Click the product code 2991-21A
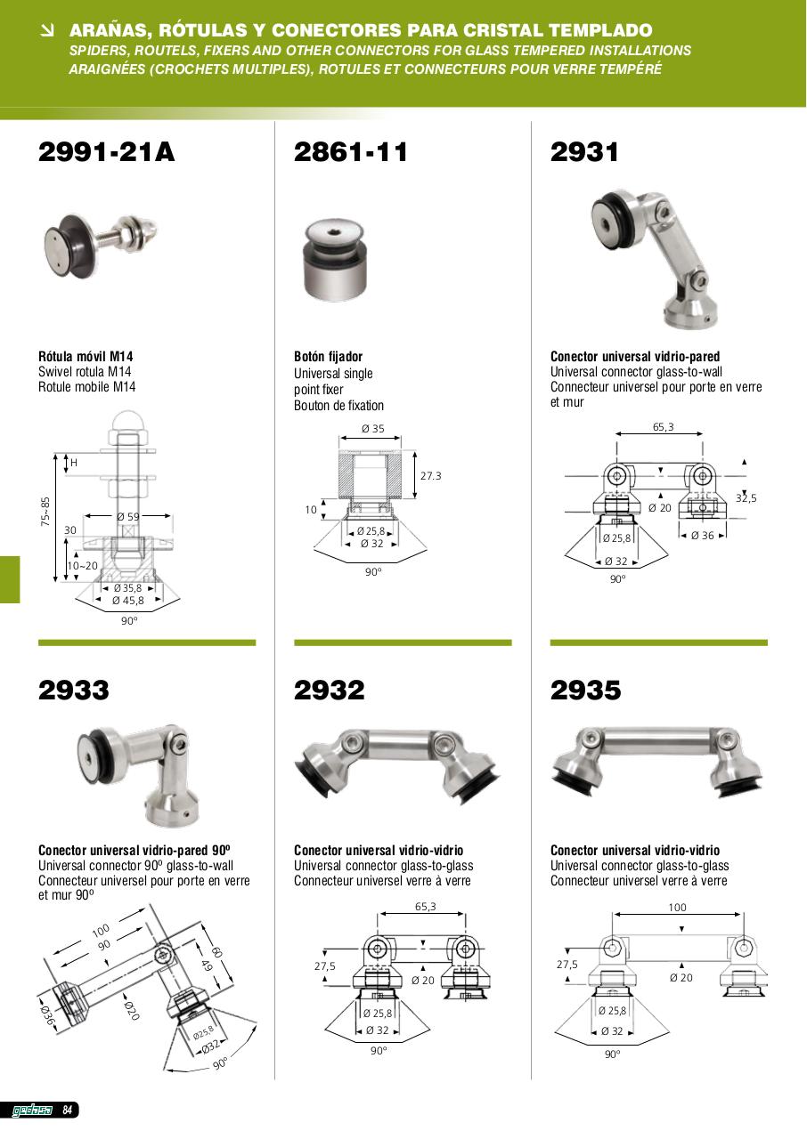click(106, 152)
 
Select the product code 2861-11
click(351, 152)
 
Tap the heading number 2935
click(586, 690)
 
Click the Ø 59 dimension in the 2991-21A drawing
click(127, 517)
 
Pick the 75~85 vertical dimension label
click(45, 511)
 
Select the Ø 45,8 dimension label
click(128, 601)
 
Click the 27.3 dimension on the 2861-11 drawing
click(430, 476)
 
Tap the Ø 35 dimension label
click(373, 429)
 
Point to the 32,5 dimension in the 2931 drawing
click(746, 498)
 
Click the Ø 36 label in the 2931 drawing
click(702, 536)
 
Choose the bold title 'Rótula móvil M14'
click(86, 357)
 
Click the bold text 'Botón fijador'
click(328, 357)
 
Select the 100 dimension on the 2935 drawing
click(677, 907)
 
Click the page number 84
click(67, 1110)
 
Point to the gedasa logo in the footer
click(32, 1111)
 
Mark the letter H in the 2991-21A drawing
click(74, 463)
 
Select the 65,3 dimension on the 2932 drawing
click(426, 907)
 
